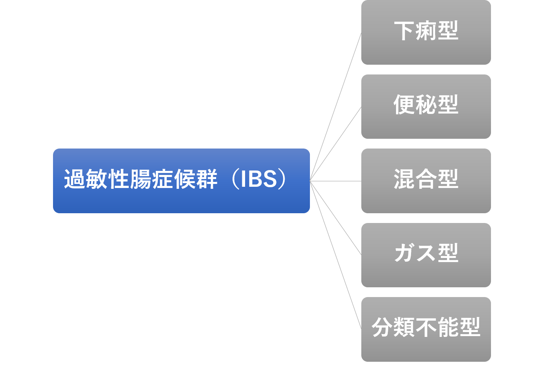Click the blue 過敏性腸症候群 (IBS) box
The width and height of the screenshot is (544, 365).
click(181, 181)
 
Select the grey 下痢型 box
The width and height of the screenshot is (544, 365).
click(426, 32)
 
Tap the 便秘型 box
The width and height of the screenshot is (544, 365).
click(426, 107)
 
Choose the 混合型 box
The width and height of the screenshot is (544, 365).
click(426, 181)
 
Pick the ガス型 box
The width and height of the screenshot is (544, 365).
click(426, 255)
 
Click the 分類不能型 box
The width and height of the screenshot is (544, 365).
click(426, 329)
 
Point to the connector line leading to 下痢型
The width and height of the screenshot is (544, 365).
click(336, 107)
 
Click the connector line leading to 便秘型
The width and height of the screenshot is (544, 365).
click(336, 144)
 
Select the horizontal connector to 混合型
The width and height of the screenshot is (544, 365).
click(336, 181)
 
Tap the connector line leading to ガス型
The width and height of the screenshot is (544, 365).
click(336, 218)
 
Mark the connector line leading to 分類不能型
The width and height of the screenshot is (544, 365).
click(336, 255)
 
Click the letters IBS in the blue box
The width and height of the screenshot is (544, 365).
click(259, 179)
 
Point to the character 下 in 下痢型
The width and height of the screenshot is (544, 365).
click(405, 31)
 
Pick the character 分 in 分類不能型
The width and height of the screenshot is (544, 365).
click(383, 327)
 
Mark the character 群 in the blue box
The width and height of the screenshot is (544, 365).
click(207, 179)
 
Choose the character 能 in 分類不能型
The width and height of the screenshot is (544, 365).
click(448, 327)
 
